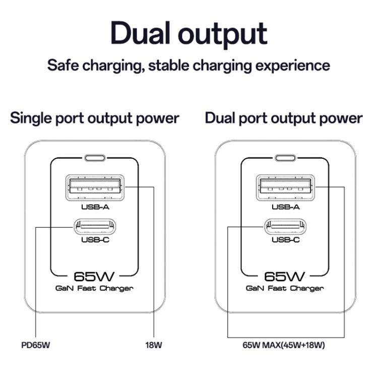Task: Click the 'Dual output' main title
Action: [x=188, y=33]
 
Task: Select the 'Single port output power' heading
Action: [x=95, y=118]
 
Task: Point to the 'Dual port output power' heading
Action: [x=283, y=118]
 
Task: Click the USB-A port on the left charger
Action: [x=95, y=187]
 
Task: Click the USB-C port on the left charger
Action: [x=95, y=226]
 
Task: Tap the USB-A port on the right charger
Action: [x=285, y=187]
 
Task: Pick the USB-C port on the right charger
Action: [x=285, y=226]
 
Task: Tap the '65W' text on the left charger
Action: [x=95, y=276]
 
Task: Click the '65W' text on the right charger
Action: [x=285, y=276]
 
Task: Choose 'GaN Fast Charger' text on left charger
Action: [x=95, y=288]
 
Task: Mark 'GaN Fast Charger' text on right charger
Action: [x=285, y=288]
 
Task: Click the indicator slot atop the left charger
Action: [x=95, y=158]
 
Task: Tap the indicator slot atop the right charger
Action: [x=285, y=158]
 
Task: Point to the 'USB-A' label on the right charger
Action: [x=285, y=207]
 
